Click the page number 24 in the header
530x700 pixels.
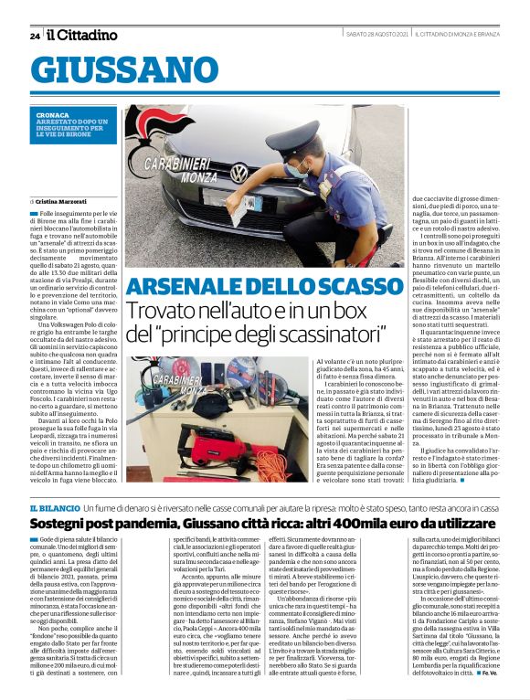tap(35, 36)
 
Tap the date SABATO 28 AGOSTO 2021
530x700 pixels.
tap(376, 35)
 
